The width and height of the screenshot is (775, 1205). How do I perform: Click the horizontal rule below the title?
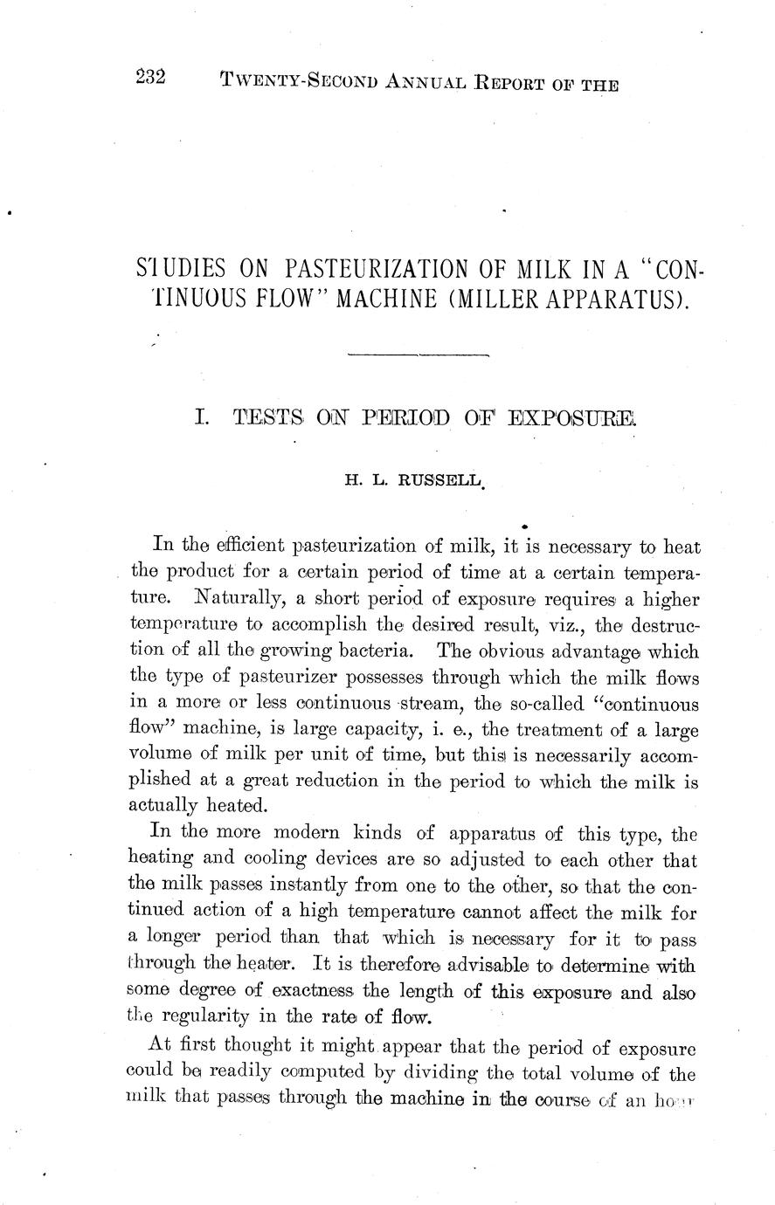pos(418,355)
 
